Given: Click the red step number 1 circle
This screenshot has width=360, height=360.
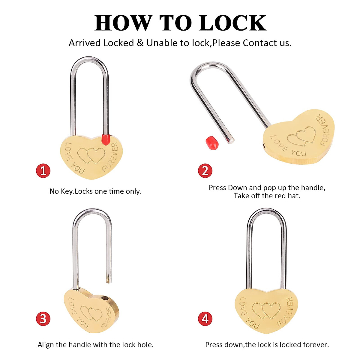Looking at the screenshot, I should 43,171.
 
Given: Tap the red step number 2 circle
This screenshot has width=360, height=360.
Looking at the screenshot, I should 205,171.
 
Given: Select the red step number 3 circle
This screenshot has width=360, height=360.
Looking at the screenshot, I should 43,319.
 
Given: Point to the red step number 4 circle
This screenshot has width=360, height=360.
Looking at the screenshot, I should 205,319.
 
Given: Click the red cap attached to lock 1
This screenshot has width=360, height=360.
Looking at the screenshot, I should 105,139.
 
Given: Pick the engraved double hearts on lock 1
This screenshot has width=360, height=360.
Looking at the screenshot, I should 91,155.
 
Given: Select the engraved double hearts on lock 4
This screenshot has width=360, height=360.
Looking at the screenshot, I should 266,310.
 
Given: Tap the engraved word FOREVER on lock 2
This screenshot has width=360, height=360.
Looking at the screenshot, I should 324,130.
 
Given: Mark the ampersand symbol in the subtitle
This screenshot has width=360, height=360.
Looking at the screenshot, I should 140,43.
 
